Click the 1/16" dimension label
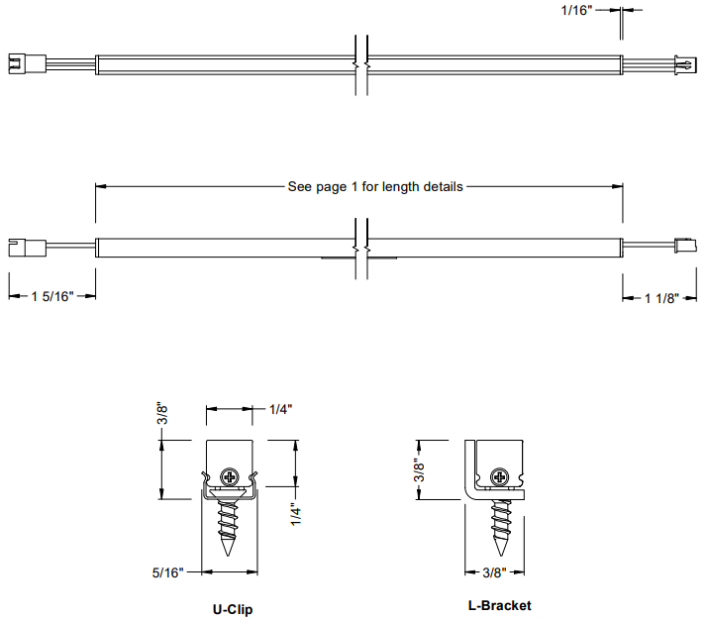[x=576, y=10]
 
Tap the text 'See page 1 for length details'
[x=375, y=187]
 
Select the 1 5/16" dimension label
[x=52, y=297]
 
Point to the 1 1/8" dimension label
[x=661, y=298]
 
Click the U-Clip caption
[x=233, y=609]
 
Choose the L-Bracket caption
[x=499, y=605]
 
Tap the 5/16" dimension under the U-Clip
[x=168, y=572]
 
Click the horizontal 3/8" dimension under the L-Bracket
[x=494, y=572]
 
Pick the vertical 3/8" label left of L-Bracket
[x=419, y=470]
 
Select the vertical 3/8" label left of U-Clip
[x=162, y=413]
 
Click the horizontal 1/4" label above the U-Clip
[x=281, y=409]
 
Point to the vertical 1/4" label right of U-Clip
[x=296, y=514]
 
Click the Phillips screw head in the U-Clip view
[x=230, y=476]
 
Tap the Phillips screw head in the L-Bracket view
[x=500, y=476]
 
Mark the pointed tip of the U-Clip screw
[x=228, y=556]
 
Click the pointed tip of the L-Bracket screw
[x=501, y=556]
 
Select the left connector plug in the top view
[x=27, y=64]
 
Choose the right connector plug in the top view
[x=685, y=65]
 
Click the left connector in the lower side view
[x=27, y=248]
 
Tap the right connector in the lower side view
[x=685, y=246]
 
